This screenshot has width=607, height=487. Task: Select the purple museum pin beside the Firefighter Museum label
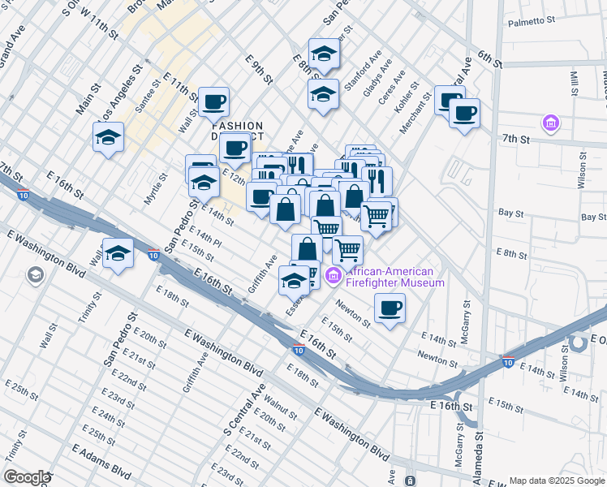click(333, 278)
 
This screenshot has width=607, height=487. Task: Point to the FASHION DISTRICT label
click(238, 131)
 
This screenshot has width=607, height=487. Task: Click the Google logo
click(26, 477)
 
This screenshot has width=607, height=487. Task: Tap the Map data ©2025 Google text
click(556, 481)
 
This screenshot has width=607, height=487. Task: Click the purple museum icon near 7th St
click(552, 123)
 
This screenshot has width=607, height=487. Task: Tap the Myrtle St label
click(156, 187)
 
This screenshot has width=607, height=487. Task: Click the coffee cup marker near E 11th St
click(213, 101)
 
